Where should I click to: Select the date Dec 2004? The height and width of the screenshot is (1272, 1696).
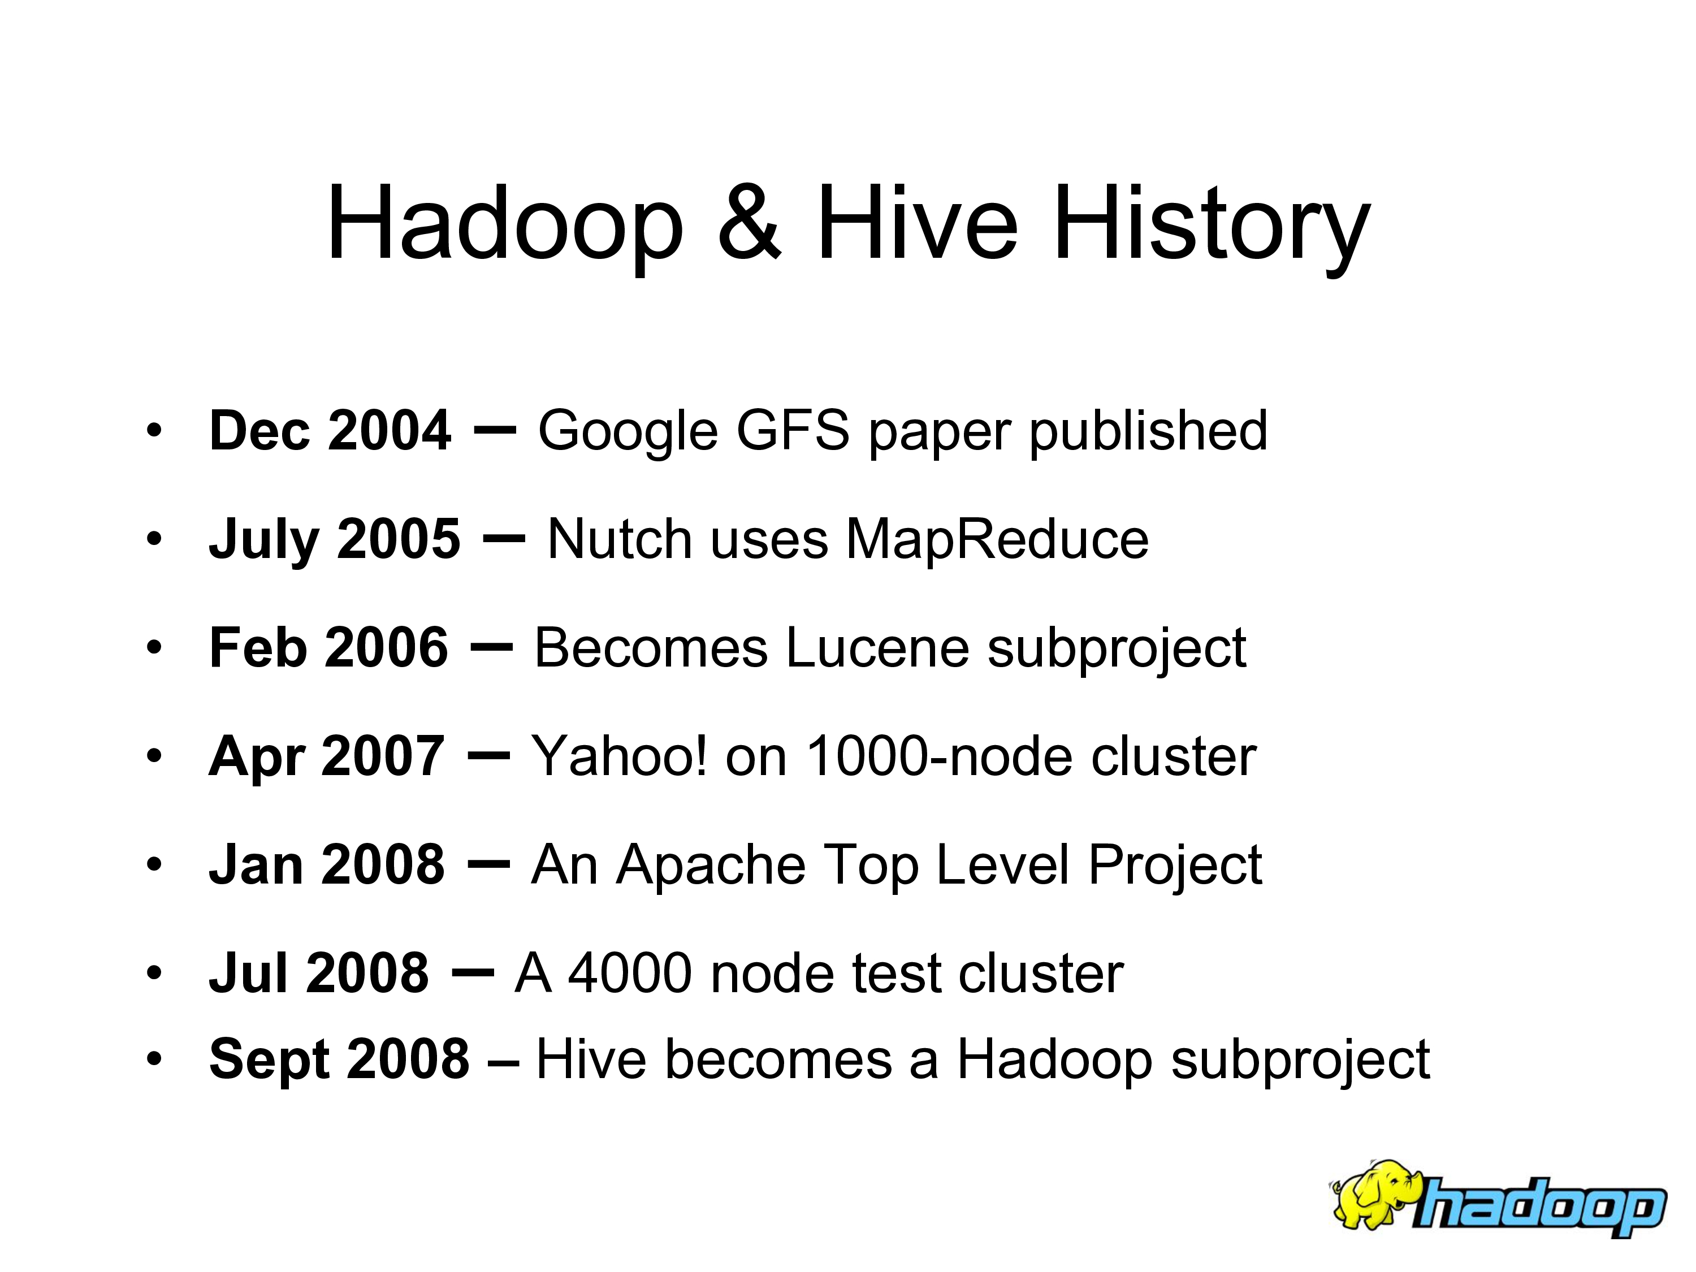click(330, 430)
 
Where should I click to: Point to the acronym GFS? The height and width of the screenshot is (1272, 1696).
click(793, 430)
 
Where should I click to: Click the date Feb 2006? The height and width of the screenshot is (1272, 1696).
click(328, 648)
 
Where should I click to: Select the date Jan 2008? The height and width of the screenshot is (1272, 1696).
click(327, 865)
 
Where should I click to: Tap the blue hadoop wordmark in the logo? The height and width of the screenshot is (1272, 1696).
click(1539, 1206)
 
